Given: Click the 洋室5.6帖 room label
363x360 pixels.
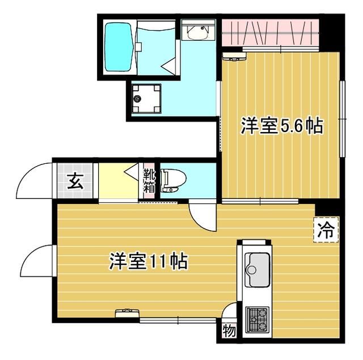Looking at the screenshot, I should (x=282, y=126).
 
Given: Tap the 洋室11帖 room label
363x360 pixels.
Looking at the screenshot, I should (x=148, y=262).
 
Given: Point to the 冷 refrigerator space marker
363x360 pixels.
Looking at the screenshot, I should (x=326, y=230).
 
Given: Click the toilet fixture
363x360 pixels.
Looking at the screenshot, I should (x=171, y=181).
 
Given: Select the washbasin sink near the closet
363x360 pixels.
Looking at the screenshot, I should (x=198, y=33).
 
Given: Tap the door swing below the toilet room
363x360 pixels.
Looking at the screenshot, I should (x=201, y=215).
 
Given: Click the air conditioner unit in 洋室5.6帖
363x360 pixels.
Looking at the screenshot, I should (x=234, y=55).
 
